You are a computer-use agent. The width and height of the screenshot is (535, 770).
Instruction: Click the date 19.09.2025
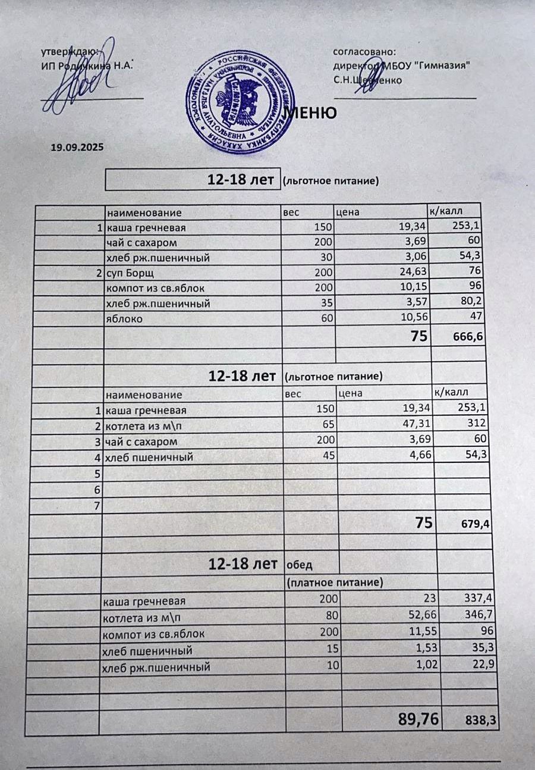click(77, 146)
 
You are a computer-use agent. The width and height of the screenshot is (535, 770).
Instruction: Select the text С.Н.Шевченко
click(368, 80)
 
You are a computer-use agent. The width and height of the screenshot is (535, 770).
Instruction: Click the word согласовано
click(364, 53)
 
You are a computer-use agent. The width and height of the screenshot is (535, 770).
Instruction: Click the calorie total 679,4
click(474, 525)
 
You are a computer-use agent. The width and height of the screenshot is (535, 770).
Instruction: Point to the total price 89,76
click(418, 720)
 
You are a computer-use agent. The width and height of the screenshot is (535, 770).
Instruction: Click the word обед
click(300, 564)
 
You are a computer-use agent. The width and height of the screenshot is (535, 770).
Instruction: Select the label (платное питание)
click(335, 581)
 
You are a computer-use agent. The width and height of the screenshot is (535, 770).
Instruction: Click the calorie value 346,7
click(480, 614)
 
